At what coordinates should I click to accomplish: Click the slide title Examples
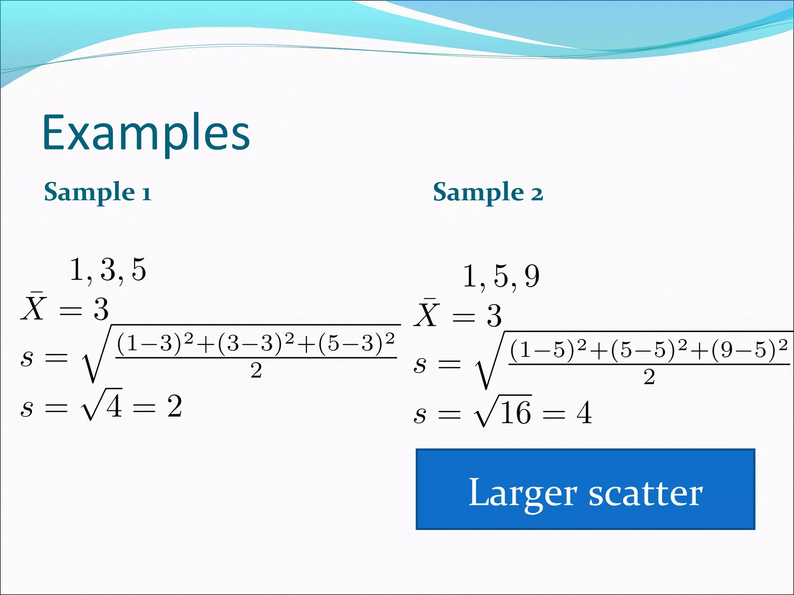click(146, 132)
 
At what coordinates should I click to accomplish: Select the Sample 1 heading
click(97, 192)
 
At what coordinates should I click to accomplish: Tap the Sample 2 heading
click(488, 192)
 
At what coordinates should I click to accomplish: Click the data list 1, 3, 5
click(108, 270)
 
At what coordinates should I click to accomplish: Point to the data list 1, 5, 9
click(501, 277)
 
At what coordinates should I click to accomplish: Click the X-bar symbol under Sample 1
click(34, 307)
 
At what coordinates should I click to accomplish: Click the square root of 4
click(102, 405)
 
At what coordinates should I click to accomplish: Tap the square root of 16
click(503, 412)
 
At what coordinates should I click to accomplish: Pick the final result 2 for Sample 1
click(175, 406)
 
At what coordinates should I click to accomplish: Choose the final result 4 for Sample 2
click(584, 413)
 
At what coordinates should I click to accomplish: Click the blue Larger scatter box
click(585, 489)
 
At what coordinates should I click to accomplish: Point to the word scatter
click(646, 494)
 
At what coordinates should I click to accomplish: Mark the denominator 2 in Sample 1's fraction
click(256, 370)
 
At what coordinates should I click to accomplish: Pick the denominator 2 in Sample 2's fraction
click(649, 377)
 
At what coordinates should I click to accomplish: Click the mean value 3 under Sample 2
click(494, 316)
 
